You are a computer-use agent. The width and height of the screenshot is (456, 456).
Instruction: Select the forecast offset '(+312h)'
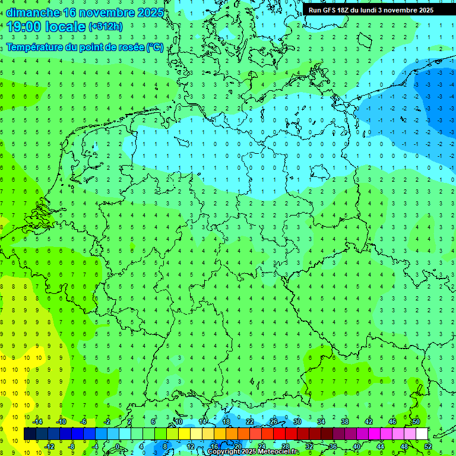click(106, 27)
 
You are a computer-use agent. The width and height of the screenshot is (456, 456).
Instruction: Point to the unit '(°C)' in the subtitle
click(155, 47)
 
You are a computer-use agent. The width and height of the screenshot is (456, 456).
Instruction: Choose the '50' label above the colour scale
click(416, 422)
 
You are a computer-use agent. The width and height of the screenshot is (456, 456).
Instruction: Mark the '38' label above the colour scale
click(345, 422)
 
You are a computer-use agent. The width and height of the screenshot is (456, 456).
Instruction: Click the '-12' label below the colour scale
click(49, 446)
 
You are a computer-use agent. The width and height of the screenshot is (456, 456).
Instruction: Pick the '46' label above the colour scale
click(392, 422)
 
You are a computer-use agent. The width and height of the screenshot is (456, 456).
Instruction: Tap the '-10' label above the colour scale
click(61, 422)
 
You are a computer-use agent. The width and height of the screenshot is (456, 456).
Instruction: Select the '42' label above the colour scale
click(369, 422)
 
